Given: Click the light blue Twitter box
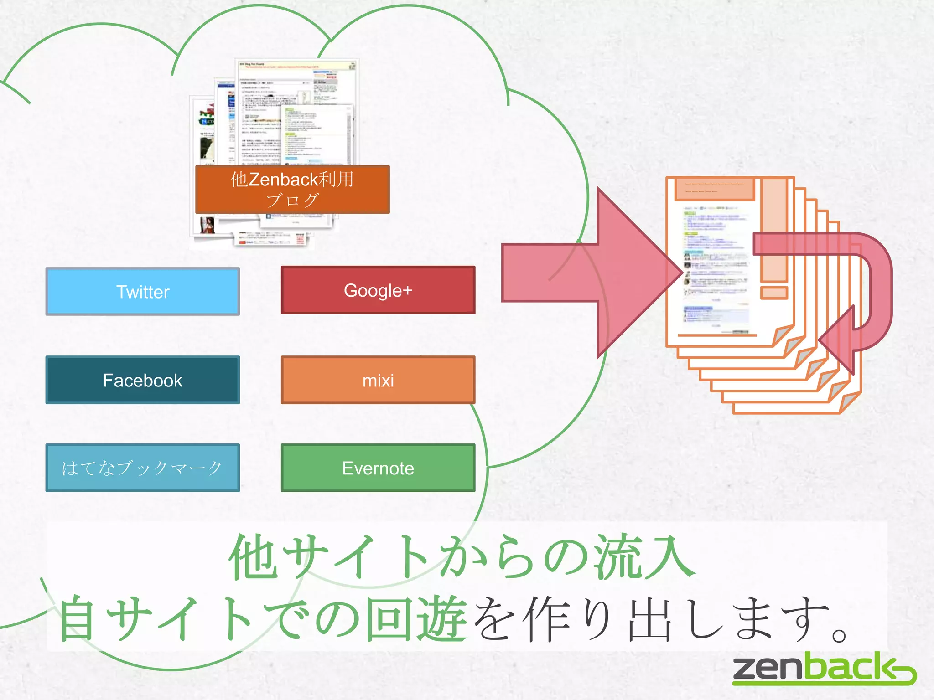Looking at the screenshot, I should tap(142, 292).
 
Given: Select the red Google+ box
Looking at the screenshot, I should tap(378, 290).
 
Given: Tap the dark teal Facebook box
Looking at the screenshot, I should tap(142, 380).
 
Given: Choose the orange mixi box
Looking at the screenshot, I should tap(378, 380).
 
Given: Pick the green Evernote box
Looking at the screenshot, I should tap(378, 468).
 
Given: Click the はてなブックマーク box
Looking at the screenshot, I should tap(142, 468).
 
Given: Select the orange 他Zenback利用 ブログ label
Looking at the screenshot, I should tap(292, 190).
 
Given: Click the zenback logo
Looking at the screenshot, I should tap(824, 669).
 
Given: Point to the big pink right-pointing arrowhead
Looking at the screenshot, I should tap(638, 273).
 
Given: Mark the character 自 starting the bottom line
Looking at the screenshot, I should tap(78, 619).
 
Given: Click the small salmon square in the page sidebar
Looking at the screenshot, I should tap(774, 293).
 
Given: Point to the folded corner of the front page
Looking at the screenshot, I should tap(783, 335).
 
